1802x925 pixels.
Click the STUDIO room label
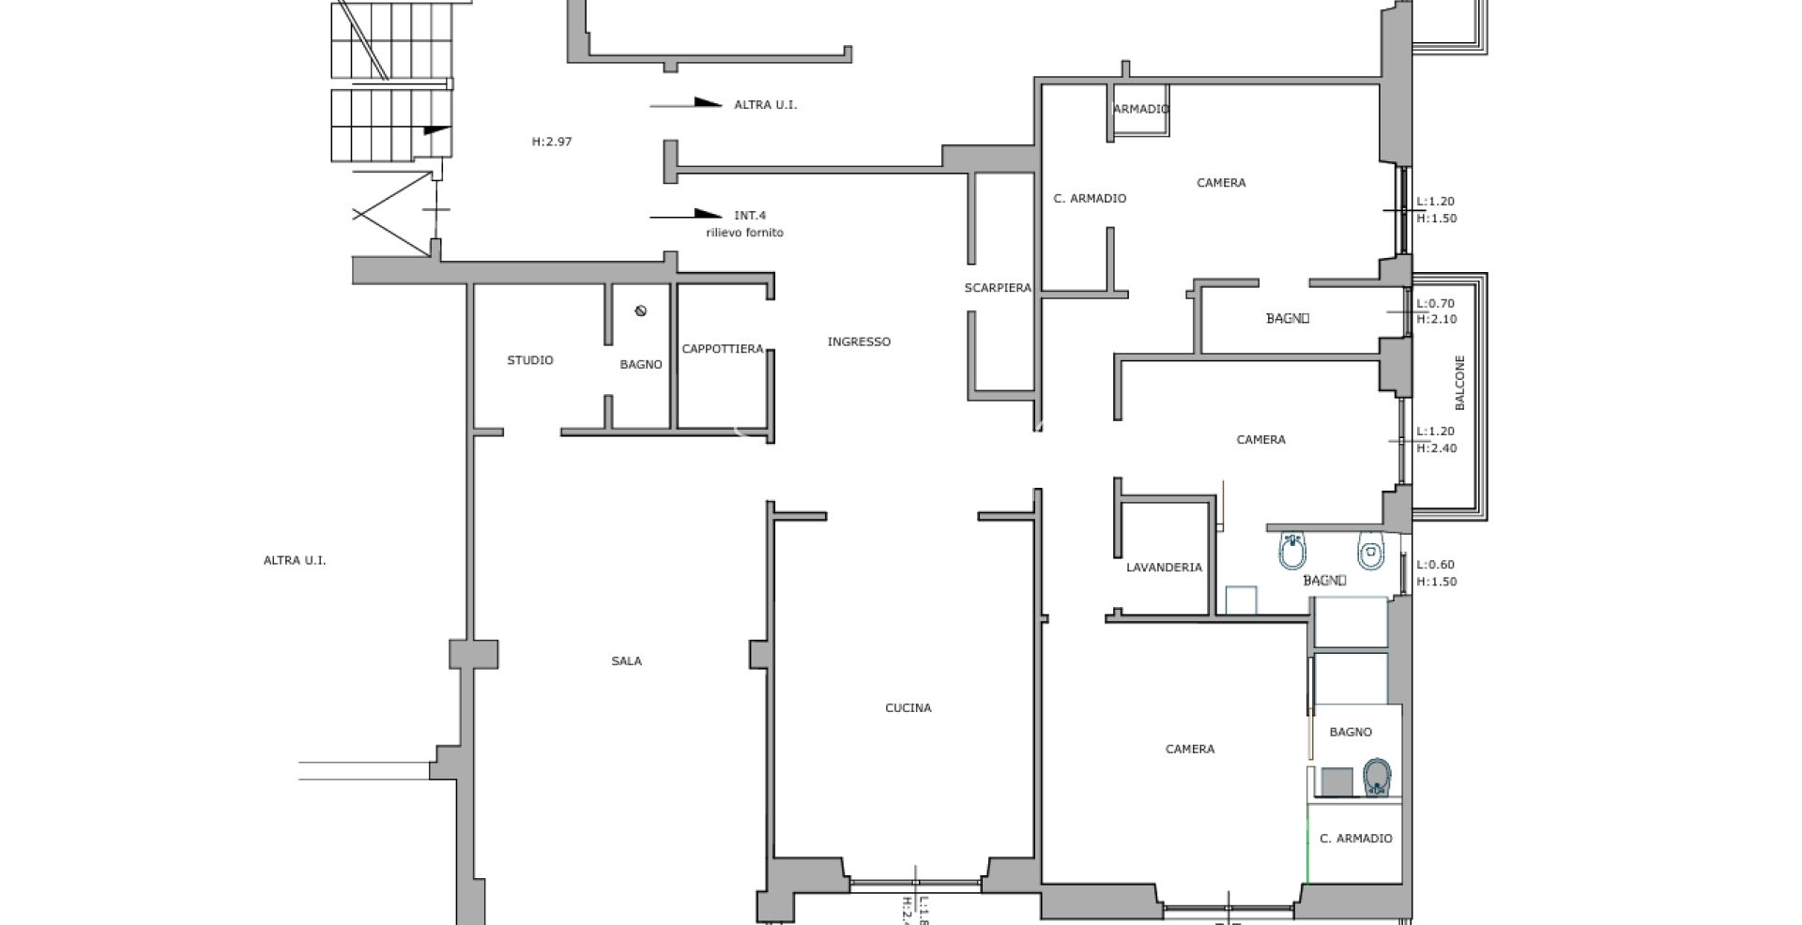530,360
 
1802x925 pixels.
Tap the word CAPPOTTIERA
723,349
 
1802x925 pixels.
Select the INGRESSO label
859,341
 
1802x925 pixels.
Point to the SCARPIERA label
998,288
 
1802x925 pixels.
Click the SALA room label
626,661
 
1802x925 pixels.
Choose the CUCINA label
909,708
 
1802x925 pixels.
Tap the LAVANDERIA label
1164,568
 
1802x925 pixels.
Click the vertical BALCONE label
1459,383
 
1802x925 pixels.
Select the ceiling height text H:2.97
552,142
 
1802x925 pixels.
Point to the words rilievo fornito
744,233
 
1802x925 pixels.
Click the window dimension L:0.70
1435,304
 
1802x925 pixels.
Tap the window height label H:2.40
1436,448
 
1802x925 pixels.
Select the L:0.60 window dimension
1435,565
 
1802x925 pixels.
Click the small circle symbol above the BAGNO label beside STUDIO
641,311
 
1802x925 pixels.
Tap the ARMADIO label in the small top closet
1141,109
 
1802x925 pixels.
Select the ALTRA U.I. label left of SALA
295,561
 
